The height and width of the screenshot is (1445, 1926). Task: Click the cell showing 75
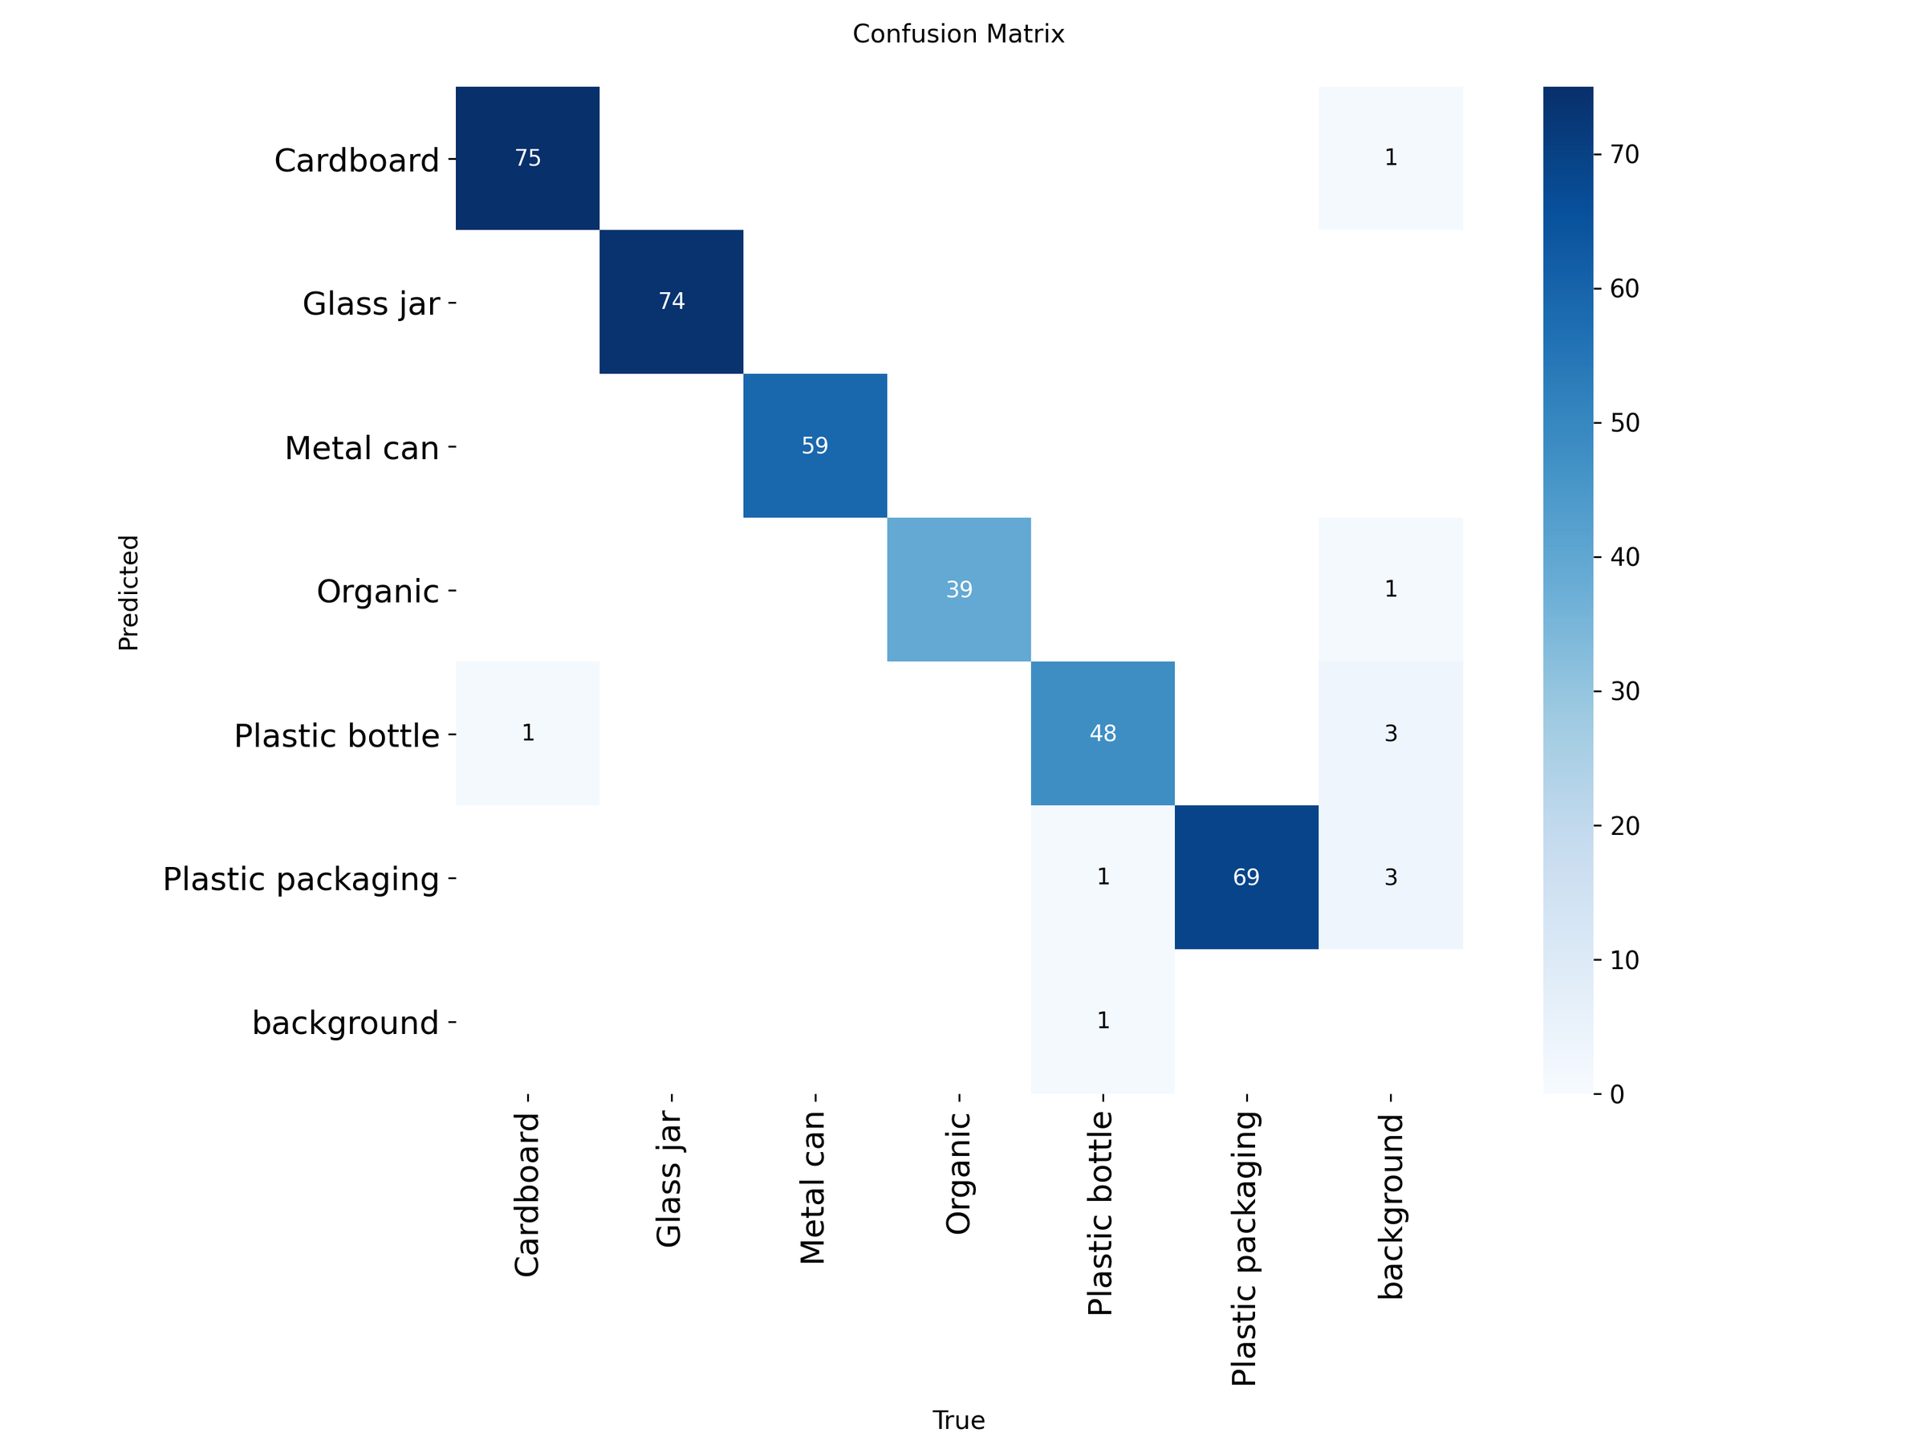point(528,157)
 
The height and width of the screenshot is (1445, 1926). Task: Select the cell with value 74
point(672,301)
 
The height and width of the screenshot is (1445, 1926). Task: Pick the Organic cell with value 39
point(959,590)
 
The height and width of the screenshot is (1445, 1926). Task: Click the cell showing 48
point(1103,734)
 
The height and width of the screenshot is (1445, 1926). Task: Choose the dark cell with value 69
point(1246,877)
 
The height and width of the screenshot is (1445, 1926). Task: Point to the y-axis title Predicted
point(129,592)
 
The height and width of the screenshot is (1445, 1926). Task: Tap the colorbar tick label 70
point(1625,154)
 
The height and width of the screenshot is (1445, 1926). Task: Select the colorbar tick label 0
point(1617,1094)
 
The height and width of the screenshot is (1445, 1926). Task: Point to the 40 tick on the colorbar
point(1625,556)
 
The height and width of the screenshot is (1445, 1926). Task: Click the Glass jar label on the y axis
point(371,304)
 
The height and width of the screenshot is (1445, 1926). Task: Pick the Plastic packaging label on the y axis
point(301,880)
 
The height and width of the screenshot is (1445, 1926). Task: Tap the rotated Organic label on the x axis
point(959,1173)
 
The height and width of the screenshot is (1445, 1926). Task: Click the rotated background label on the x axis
point(1391,1207)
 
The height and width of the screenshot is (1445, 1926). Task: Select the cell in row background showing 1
point(1103,1021)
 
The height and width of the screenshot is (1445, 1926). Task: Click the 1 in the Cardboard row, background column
point(1391,157)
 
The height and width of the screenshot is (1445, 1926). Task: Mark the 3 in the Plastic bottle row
point(1391,734)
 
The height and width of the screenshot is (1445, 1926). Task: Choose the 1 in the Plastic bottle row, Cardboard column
point(528,734)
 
